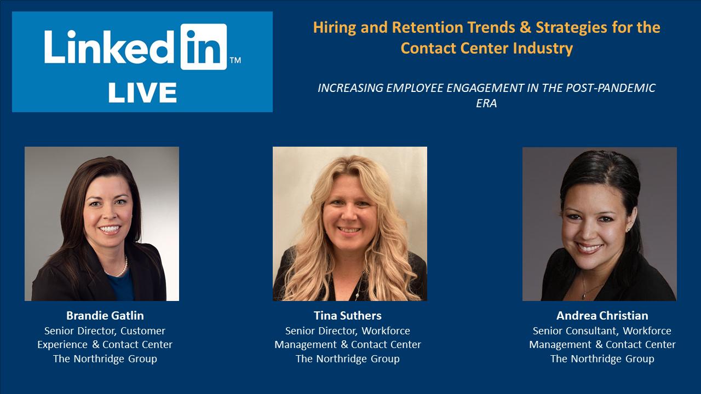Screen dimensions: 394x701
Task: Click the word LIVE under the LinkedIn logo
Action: (x=142, y=92)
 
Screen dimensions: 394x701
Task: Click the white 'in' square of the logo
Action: (x=203, y=47)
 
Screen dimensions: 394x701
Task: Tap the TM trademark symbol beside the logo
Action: (x=235, y=61)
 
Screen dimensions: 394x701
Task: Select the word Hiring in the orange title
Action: (x=331, y=27)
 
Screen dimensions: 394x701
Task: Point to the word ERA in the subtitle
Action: (x=486, y=102)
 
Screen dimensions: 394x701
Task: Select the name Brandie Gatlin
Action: (x=105, y=316)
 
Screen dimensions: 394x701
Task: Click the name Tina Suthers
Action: (x=347, y=316)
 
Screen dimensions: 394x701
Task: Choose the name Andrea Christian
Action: (x=602, y=316)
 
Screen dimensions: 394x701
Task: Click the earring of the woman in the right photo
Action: (x=628, y=228)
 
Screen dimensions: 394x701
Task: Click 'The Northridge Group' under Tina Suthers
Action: (x=347, y=359)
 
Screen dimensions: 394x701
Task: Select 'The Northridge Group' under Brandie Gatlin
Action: (x=105, y=359)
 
